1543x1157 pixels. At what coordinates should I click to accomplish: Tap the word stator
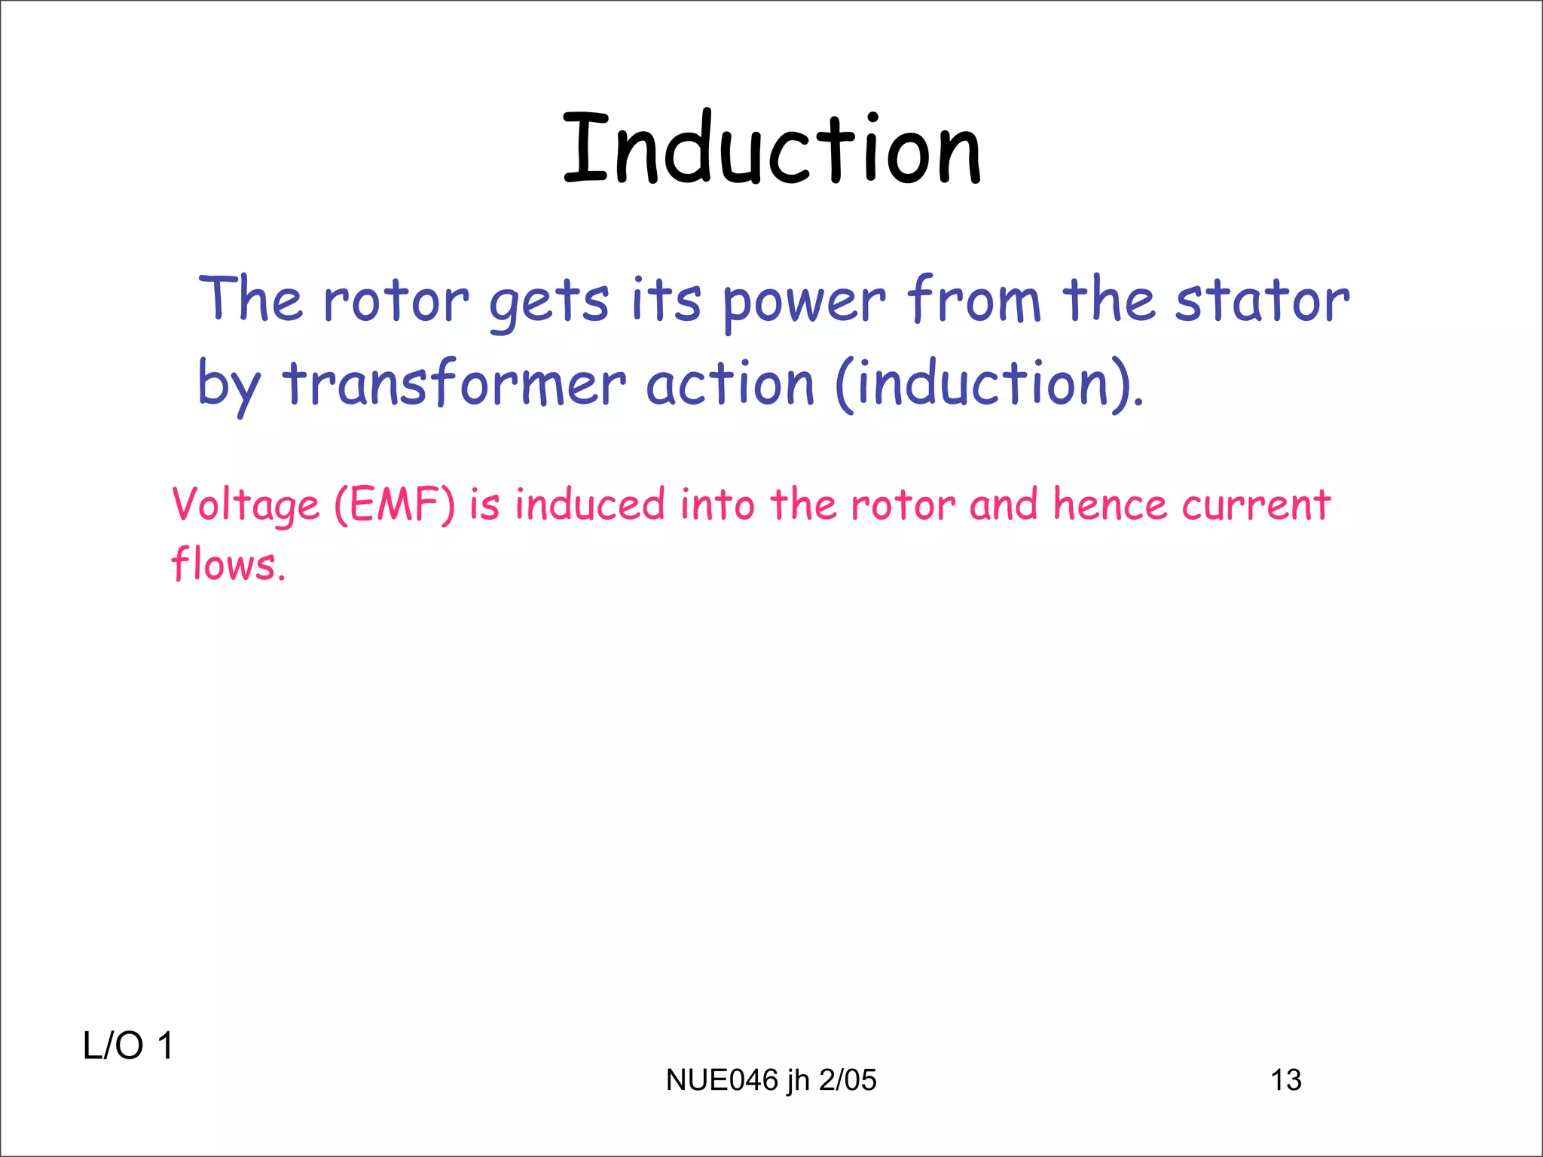pyautogui.click(x=1262, y=301)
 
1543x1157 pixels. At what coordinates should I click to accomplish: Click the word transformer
pyautogui.click(x=454, y=384)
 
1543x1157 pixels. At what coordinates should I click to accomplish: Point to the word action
pyautogui.click(x=730, y=384)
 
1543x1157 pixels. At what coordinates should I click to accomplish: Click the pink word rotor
pyautogui.click(x=903, y=505)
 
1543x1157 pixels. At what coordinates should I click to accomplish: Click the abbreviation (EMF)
pyautogui.click(x=395, y=505)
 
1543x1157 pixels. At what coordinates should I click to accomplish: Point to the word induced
pyautogui.click(x=590, y=505)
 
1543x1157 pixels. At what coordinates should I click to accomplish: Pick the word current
pyautogui.click(x=1255, y=505)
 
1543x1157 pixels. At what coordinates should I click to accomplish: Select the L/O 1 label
pyautogui.click(x=128, y=1046)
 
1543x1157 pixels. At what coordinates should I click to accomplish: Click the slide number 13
pyautogui.click(x=1285, y=1080)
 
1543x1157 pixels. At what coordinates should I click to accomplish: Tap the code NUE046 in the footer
pyautogui.click(x=722, y=1080)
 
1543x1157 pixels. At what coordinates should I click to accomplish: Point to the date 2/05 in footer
pyautogui.click(x=848, y=1080)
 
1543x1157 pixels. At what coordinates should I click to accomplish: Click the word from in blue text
pyautogui.click(x=974, y=301)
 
